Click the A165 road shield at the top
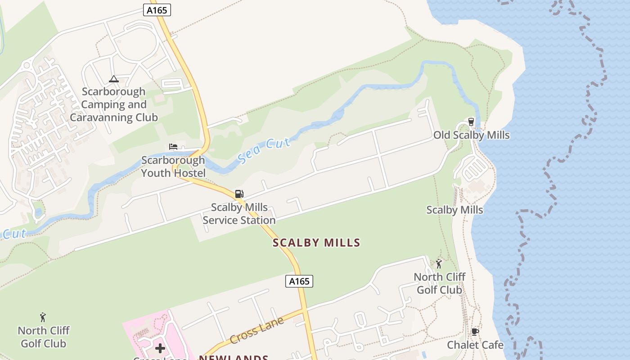click(x=157, y=10)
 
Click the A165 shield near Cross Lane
click(x=299, y=281)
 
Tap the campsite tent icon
click(x=114, y=79)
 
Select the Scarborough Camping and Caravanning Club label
click(x=114, y=105)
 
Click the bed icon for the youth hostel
click(x=173, y=146)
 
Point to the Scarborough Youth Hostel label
click(x=173, y=166)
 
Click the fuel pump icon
click(x=239, y=194)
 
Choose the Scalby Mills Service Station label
click(x=239, y=214)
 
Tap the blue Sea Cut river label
click(x=264, y=150)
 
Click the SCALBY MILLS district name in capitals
click(x=316, y=243)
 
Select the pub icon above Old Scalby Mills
click(x=471, y=121)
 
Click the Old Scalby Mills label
click(x=471, y=135)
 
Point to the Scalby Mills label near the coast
click(x=454, y=210)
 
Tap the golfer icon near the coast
click(x=439, y=264)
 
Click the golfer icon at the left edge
click(x=43, y=317)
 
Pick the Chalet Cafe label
click(x=475, y=345)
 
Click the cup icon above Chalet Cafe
click(x=475, y=332)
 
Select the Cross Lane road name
click(x=257, y=330)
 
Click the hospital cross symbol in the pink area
click(x=160, y=348)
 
